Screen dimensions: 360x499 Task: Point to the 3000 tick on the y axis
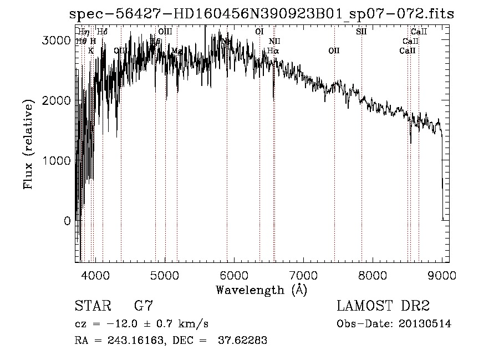59,40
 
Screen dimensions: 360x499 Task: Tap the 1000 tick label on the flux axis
59,161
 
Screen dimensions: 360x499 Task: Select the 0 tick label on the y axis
67,221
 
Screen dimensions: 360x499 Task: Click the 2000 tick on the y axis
59,101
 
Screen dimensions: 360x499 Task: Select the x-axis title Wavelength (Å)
261,290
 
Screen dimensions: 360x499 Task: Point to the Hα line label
273,50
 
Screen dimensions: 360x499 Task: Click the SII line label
361,32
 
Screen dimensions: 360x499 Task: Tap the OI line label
259,32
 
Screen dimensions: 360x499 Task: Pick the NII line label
274,41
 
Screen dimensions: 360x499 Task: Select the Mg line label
177,50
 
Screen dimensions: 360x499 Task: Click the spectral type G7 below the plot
144,306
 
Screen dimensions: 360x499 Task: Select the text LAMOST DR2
383,306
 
